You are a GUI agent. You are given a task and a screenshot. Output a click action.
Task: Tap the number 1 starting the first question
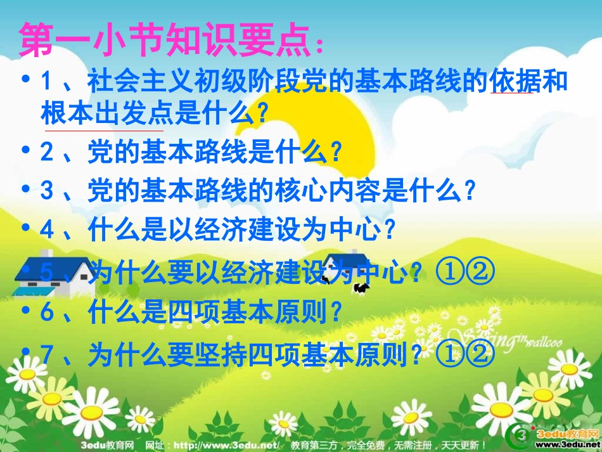coord(46,82)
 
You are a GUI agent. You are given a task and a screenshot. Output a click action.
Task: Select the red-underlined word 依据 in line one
coord(511,82)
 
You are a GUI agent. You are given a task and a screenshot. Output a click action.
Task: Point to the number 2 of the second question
coord(46,152)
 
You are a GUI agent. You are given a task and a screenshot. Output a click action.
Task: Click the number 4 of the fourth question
coord(46,229)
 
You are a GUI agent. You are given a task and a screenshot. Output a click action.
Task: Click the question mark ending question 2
coord(336,153)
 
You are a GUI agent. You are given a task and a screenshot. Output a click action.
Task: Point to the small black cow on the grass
coord(361,288)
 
